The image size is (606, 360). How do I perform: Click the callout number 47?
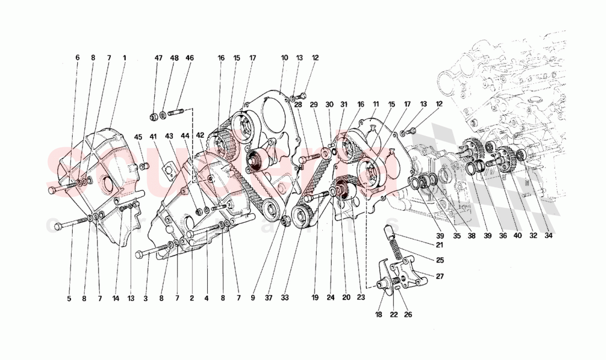[x=159, y=57]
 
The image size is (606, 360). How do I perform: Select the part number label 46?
[x=190, y=57]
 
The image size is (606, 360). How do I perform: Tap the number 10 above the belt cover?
[x=284, y=57]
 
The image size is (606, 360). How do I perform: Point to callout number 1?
[x=125, y=57]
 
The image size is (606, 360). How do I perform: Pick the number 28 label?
[x=298, y=104]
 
